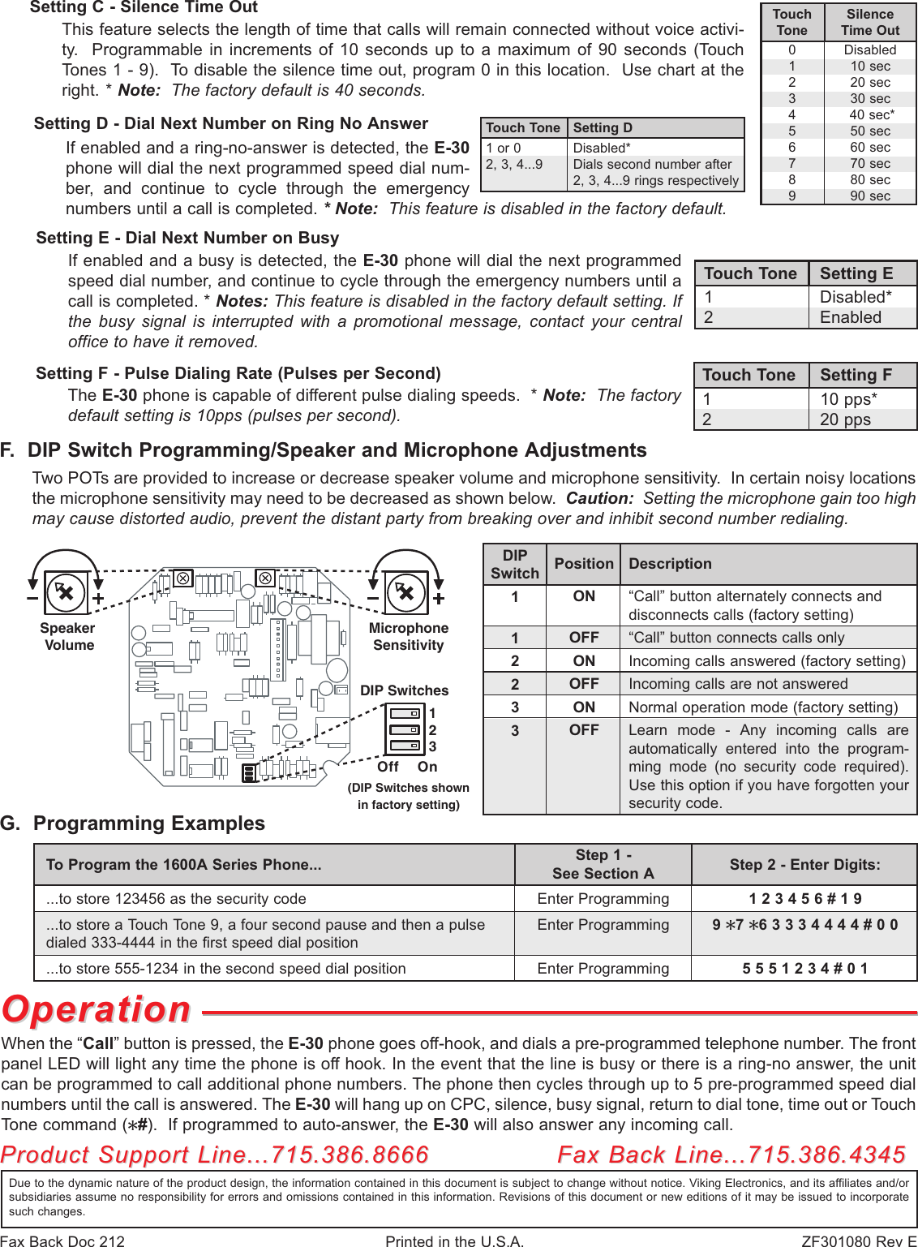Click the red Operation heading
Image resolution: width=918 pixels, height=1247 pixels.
tap(97, 1010)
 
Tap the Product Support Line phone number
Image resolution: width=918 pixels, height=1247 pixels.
tap(350, 1155)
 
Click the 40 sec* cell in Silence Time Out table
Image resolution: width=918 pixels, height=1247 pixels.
tap(871, 115)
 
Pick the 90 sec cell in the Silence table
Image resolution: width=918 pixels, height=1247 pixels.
tap(869, 196)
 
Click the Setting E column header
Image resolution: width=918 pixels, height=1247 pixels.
tap(856, 273)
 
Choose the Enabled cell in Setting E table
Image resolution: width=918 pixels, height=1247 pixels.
tap(850, 317)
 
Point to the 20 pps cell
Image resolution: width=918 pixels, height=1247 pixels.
tap(845, 419)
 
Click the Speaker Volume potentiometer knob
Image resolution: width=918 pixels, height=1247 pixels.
tap(66, 592)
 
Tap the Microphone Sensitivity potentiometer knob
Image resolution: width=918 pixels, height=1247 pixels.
tap(405, 592)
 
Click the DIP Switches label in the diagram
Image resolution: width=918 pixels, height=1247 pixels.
tap(404, 690)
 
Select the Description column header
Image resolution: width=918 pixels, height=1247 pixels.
tap(670, 564)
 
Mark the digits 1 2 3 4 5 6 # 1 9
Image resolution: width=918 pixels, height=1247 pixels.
tap(804, 899)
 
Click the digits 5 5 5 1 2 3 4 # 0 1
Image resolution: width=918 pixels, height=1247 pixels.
tap(804, 969)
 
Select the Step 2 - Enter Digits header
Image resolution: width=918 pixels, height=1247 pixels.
tap(804, 865)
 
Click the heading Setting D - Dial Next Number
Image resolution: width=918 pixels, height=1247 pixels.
tap(231, 124)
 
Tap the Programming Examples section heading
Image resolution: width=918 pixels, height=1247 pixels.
tap(148, 823)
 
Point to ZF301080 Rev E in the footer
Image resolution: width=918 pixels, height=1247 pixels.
tap(858, 1241)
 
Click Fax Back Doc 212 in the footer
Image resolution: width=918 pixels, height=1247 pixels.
tap(63, 1241)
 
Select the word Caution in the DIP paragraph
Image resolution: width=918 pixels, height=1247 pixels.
tap(598, 498)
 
